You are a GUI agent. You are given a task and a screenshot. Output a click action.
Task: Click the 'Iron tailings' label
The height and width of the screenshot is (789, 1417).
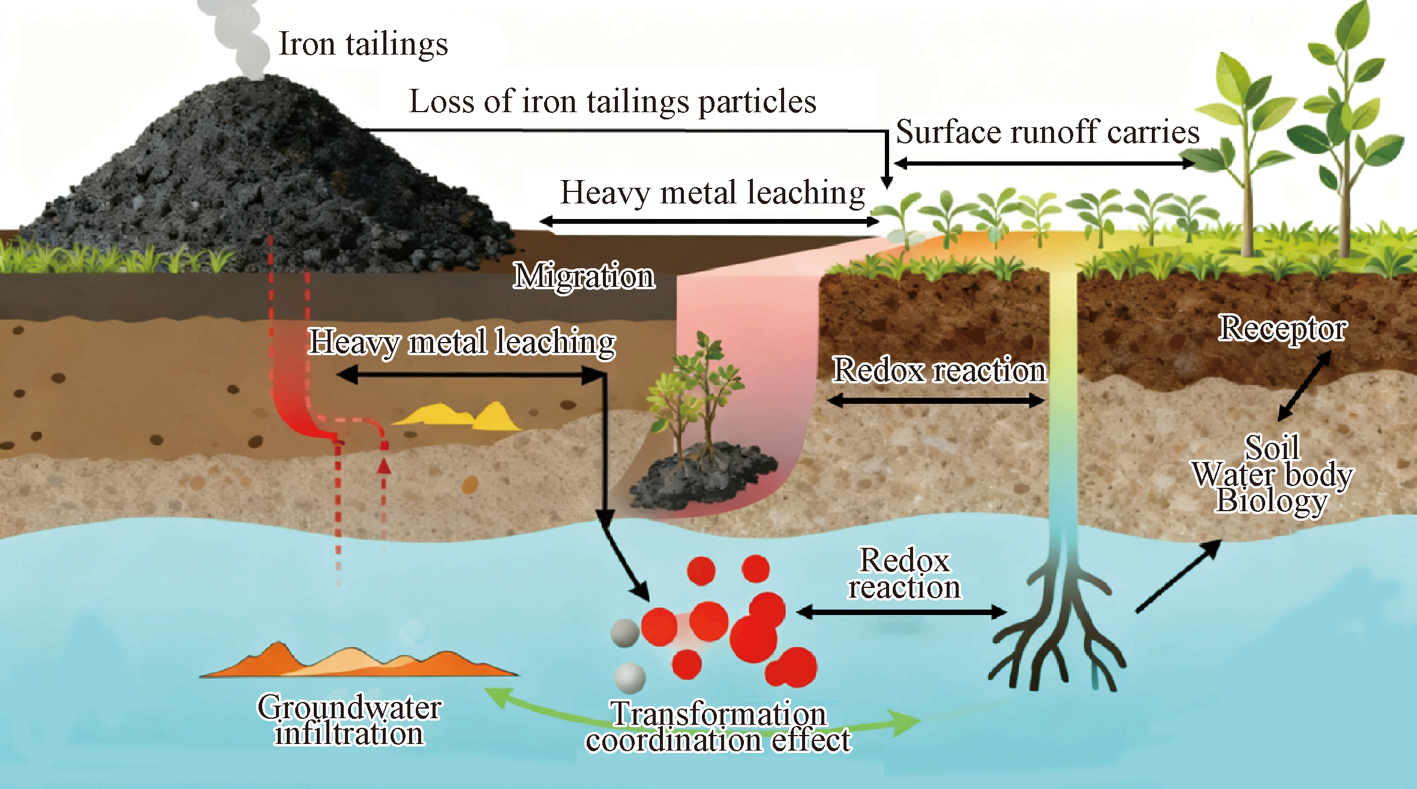(364, 44)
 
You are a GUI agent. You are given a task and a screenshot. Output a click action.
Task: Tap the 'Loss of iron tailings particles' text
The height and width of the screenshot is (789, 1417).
(613, 101)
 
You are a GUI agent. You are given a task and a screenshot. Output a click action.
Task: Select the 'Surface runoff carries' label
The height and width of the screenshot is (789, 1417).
(1047, 132)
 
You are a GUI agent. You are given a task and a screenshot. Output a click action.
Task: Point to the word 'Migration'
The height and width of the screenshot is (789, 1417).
(584, 277)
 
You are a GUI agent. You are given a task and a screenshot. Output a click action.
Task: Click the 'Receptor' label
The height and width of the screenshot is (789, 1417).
(1283, 329)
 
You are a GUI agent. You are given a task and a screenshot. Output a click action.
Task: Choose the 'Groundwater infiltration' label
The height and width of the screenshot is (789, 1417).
(350, 719)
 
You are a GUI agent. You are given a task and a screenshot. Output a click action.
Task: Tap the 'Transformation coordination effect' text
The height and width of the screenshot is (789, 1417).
(719, 726)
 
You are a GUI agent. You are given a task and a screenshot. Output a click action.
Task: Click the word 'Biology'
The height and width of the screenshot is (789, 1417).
(1271, 502)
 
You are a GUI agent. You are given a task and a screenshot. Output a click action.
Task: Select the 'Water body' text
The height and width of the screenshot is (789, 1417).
(1272, 475)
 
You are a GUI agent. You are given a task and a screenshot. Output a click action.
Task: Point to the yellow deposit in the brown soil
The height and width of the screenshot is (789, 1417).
(459, 416)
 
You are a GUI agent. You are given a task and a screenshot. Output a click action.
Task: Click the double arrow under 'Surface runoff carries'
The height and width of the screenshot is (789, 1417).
(1044, 163)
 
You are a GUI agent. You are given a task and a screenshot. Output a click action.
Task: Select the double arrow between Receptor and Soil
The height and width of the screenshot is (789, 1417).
(1304, 386)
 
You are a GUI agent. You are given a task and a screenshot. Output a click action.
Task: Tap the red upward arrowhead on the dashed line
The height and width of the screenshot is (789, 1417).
(384, 466)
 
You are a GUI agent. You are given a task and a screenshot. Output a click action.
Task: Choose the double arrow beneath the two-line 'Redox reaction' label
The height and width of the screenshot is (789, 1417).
(901, 612)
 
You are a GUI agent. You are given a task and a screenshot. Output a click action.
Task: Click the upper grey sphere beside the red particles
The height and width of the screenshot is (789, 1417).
(625, 633)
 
